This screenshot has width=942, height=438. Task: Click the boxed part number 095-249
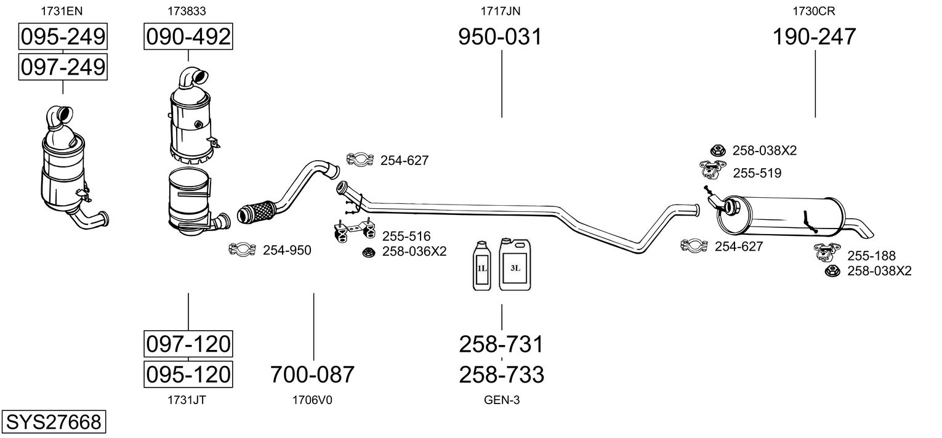[x=63, y=37]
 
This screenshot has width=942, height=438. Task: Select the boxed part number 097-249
[x=63, y=67]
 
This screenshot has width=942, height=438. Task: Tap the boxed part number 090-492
[x=188, y=37]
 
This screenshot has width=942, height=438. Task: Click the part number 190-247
[x=815, y=37]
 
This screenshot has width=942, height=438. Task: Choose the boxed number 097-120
[x=188, y=344]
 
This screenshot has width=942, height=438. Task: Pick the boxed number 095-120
[x=188, y=374]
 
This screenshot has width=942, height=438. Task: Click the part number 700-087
[x=313, y=374]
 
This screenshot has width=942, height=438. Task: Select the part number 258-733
[x=501, y=374]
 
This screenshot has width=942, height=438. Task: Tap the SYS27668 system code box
[x=53, y=423]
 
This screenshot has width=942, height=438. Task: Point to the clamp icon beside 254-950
[x=242, y=249]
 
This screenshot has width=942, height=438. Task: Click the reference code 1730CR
[x=814, y=10]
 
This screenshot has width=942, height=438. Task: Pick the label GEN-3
[x=501, y=400]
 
